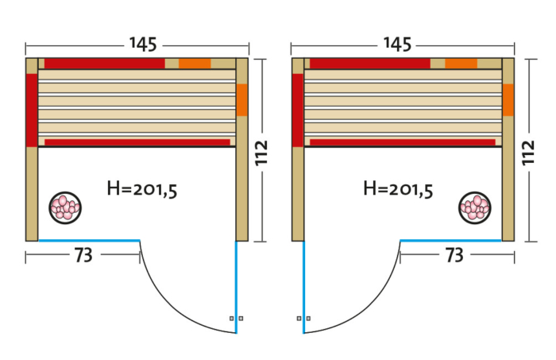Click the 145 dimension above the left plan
coord(137,45)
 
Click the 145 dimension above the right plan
coord(403,45)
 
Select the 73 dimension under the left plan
coord(83,255)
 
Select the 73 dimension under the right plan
coord(454,255)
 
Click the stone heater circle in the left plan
coord(64,207)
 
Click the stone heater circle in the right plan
coord(475,208)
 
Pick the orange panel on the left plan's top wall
coord(195,64)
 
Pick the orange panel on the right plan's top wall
coord(461,64)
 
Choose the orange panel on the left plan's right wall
coord(242,100)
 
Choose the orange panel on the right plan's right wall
coord(508,100)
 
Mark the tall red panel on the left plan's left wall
coord(32,110)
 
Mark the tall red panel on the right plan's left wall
coord(298,110)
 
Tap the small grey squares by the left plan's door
coord(236,318)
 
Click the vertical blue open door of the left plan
coord(237,286)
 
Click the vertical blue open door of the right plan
coord(303,286)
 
